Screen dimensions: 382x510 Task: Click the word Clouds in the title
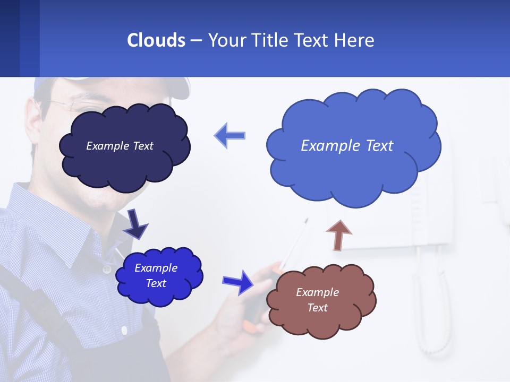[156, 40]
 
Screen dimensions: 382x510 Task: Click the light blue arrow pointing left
[230, 135]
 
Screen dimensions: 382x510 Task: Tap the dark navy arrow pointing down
[135, 223]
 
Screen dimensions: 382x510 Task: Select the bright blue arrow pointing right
[238, 282]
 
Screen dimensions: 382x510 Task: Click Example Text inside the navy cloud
[120, 146]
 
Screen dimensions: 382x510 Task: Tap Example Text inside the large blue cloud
[347, 146]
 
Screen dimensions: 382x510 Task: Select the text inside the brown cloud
[317, 300]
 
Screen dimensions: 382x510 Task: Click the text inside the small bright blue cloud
[156, 275]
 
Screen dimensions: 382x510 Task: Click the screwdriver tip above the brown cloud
[305, 221]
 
